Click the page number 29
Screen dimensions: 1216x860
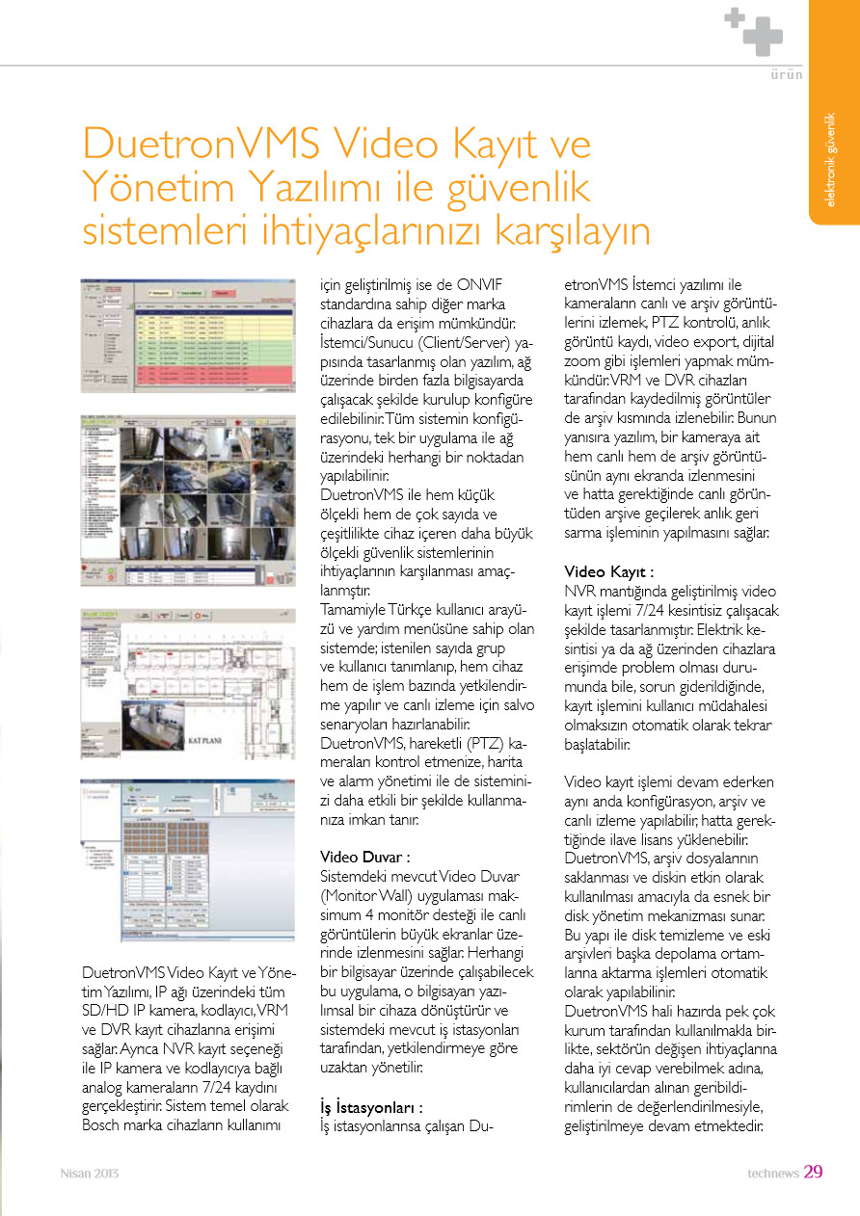click(x=813, y=1172)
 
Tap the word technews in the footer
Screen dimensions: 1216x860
click(x=773, y=1173)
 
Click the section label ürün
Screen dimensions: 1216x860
click(x=787, y=74)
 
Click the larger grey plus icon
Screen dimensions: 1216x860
click(x=762, y=40)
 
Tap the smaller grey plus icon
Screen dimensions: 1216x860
click(x=736, y=16)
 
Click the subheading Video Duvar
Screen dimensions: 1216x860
click(x=365, y=856)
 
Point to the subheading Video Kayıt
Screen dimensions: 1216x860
click(x=609, y=571)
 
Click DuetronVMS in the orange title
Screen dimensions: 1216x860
click(x=202, y=145)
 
